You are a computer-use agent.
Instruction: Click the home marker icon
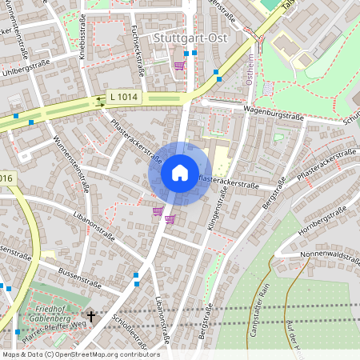tap(179, 173)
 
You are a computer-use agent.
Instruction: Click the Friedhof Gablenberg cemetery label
tap(50, 311)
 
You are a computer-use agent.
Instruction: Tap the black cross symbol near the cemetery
tap(90, 317)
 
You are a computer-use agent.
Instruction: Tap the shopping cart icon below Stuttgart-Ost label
tap(179, 66)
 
